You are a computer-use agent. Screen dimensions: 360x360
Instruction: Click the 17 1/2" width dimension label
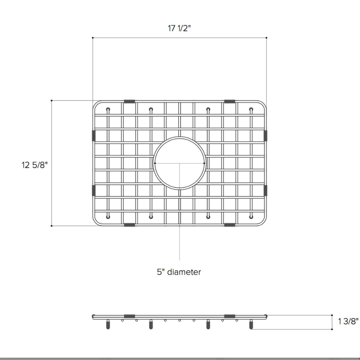[x=179, y=28]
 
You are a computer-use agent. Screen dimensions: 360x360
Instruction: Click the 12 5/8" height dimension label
[x=35, y=165]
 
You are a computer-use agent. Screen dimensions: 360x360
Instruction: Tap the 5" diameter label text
[x=179, y=272]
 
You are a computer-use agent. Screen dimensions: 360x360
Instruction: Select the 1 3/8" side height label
[x=348, y=321]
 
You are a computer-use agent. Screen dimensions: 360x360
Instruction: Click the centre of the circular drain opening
[x=180, y=163]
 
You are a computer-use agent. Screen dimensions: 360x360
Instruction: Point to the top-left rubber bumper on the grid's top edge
[x=130, y=102]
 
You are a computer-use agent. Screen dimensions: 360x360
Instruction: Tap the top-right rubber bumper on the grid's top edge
[x=230, y=102]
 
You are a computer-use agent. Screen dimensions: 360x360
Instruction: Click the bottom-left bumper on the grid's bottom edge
[x=130, y=225]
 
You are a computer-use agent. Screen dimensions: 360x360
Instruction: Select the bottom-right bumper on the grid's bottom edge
[x=230, y=225]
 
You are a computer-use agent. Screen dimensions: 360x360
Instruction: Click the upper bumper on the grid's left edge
[x=94, y=136]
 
